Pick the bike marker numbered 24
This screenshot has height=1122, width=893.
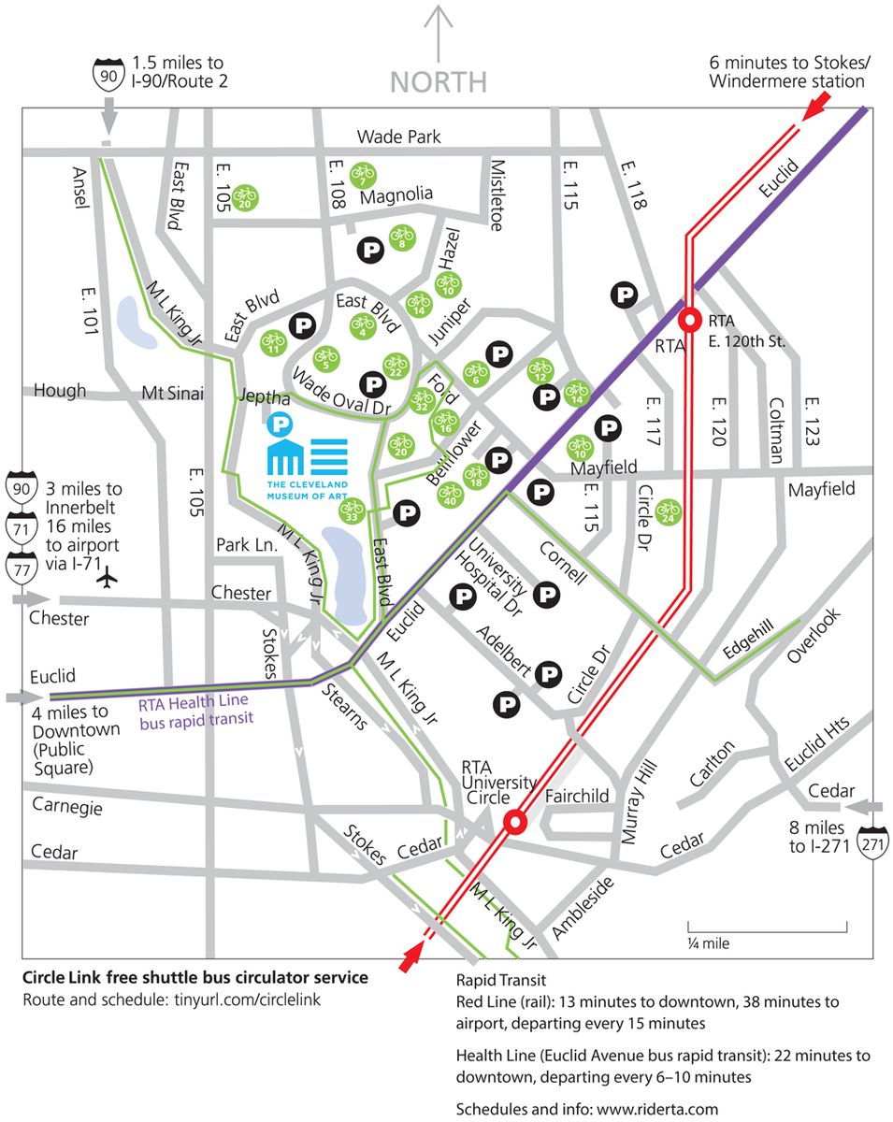[x=669, y=511]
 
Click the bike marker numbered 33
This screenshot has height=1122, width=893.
[x=352, y=511]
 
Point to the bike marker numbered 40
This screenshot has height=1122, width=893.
[x=450, y=493]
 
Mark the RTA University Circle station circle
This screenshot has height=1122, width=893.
[x=513, y=823]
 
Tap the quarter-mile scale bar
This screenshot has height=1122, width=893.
[x=768, y=927]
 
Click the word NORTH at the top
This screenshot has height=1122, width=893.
[x=439, y=81]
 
